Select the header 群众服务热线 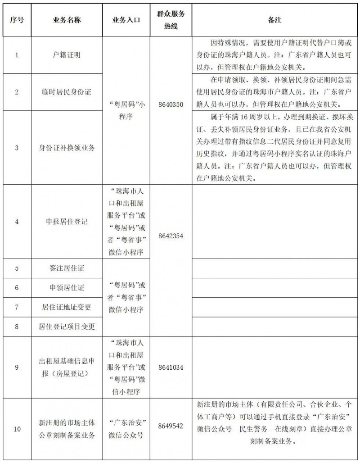point(171,20)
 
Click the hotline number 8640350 point(171,104)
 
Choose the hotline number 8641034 point(171,367)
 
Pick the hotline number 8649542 point(171,426)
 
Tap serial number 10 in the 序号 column point(17,429)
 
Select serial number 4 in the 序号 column point(17,222)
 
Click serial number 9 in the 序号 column point(17,367)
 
